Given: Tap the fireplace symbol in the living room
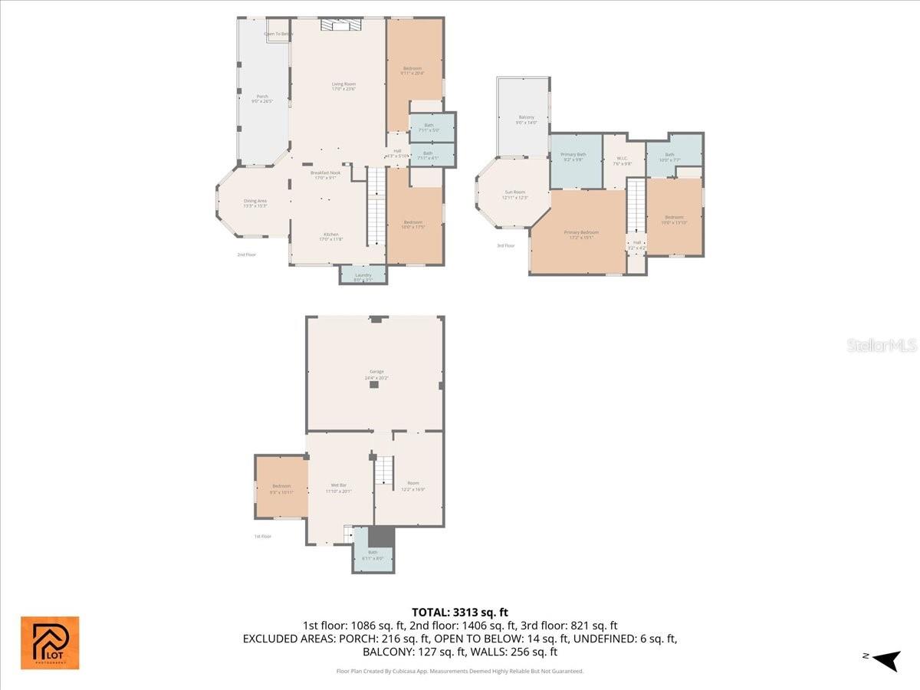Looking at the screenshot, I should (340, 26).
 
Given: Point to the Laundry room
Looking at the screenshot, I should (363, 276).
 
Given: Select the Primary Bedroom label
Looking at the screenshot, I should (581, 235).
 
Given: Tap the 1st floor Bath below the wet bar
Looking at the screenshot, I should (373, 554).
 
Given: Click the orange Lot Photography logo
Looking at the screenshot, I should (50, 642).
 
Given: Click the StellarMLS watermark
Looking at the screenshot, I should (881, 346).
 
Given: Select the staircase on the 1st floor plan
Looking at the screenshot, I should (384, 470).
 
